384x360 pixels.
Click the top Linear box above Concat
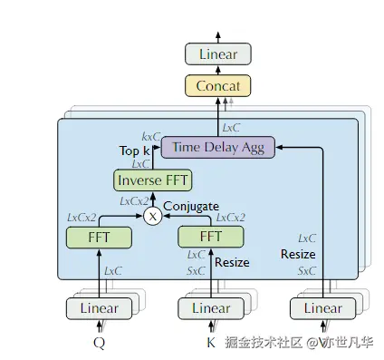(x=217, y=54)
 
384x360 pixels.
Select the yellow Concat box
(x=217, y=86)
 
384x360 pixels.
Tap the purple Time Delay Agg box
(x=217, y=146)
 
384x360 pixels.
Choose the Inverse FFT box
(x=152, y=180)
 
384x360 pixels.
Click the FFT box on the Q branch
(x=99, y=237)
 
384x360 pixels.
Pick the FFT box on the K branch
(x=211, y=237)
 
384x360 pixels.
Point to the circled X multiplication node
(x=152, y=217)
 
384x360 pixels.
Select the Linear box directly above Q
(x=99, y=308)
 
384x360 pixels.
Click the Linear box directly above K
(x=211, y=308)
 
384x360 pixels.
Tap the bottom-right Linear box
(x=323, y=308)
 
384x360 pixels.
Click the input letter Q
(x=99, y=343)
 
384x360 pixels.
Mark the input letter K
(x=211, y=343)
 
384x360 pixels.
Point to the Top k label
(x=134, y=150)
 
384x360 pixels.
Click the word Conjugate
(x=190, y=206)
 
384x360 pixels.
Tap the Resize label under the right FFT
(x=231, y=263)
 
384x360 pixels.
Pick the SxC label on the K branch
(x=195, y=270)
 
